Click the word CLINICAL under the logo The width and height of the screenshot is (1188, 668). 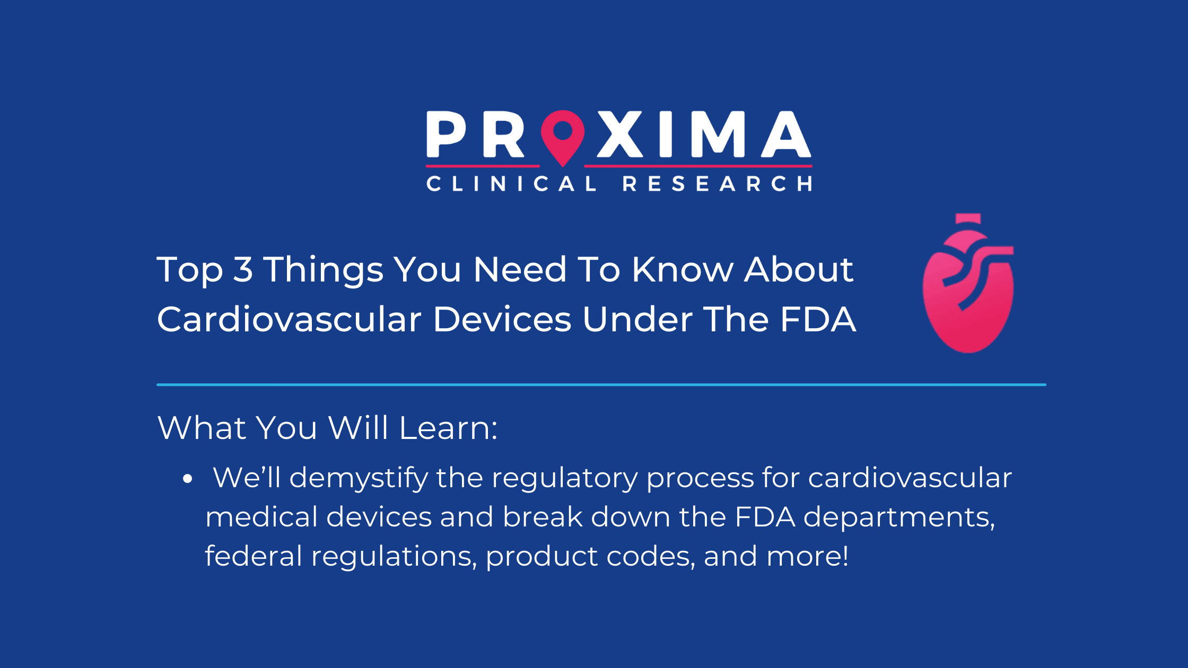[x=512, y=184]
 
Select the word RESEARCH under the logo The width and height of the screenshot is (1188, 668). [x=717, y=184]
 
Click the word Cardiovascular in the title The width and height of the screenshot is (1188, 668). [x=289, y=319]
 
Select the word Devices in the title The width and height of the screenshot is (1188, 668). [x=502, y=319]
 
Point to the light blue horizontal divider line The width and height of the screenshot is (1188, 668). [x=601, y=384]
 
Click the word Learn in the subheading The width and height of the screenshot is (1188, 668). [x=448, y=427]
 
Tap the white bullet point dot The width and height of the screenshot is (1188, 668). [x=187, y=479]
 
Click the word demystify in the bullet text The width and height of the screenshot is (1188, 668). [x=359, y=478]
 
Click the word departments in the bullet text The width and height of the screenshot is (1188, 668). [x=899, y=517]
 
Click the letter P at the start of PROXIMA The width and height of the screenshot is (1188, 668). [x=446, y=134]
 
